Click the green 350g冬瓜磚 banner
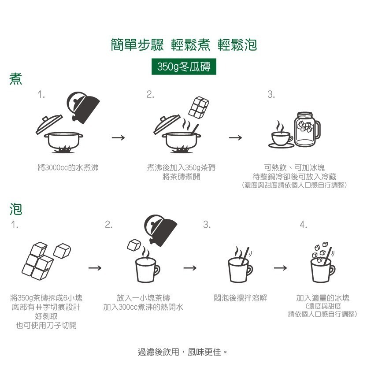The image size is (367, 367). [184, 67]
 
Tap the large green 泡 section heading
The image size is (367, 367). [16, 209]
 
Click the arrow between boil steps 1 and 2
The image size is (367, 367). [118, 138]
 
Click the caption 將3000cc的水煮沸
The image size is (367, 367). [68, 168]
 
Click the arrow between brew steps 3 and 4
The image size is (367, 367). [280, 268]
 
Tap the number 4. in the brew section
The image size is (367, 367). [303, 225]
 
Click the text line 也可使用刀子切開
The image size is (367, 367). [46, 325]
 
